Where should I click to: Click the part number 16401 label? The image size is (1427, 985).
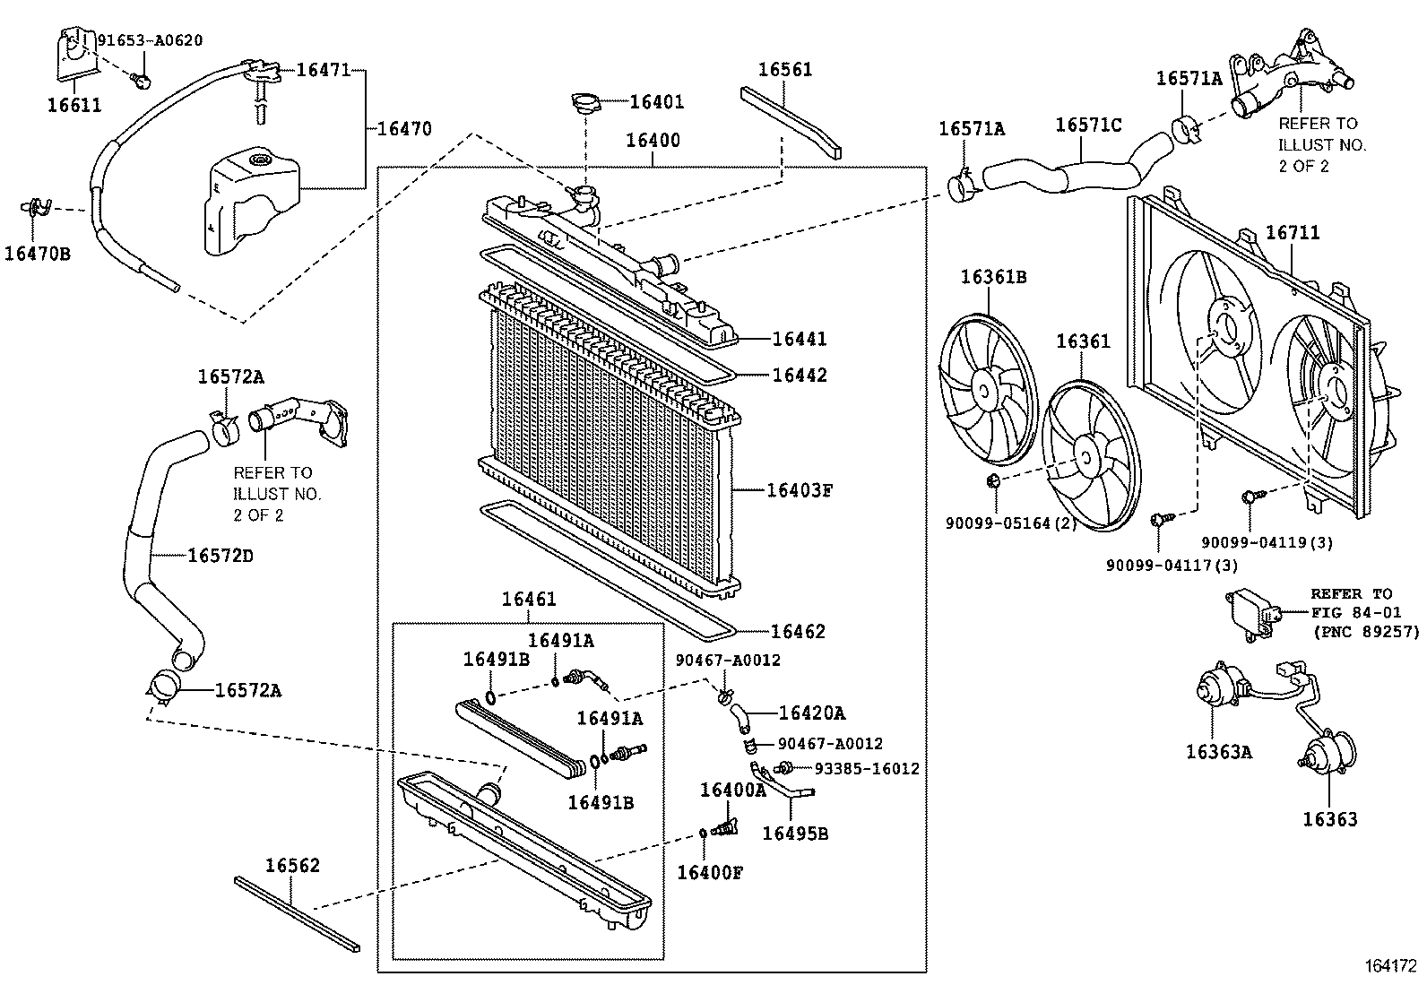point(656,102)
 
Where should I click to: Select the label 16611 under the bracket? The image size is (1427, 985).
point(74,106)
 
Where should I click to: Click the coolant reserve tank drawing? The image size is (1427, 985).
point(252,202)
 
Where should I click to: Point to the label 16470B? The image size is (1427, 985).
point(37,254)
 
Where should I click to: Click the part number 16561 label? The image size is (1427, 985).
point(785,70)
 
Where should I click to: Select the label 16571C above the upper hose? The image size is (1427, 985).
point(1087,125)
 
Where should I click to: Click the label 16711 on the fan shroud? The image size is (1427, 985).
point(1292,233)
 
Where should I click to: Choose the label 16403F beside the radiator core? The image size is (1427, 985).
point(799,490)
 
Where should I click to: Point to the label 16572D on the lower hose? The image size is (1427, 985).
point(221,556)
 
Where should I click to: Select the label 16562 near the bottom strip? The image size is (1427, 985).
point(292,866)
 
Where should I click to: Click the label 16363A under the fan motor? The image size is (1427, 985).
point(1218,752)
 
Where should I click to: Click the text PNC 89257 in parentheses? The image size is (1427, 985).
point(1367,632)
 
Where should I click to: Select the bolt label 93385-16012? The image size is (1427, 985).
point(866,768)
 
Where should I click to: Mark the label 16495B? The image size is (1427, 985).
point(795,834)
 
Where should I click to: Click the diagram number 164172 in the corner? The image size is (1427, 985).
point(1391,965)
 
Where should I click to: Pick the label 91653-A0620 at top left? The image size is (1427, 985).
point(150,40)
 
